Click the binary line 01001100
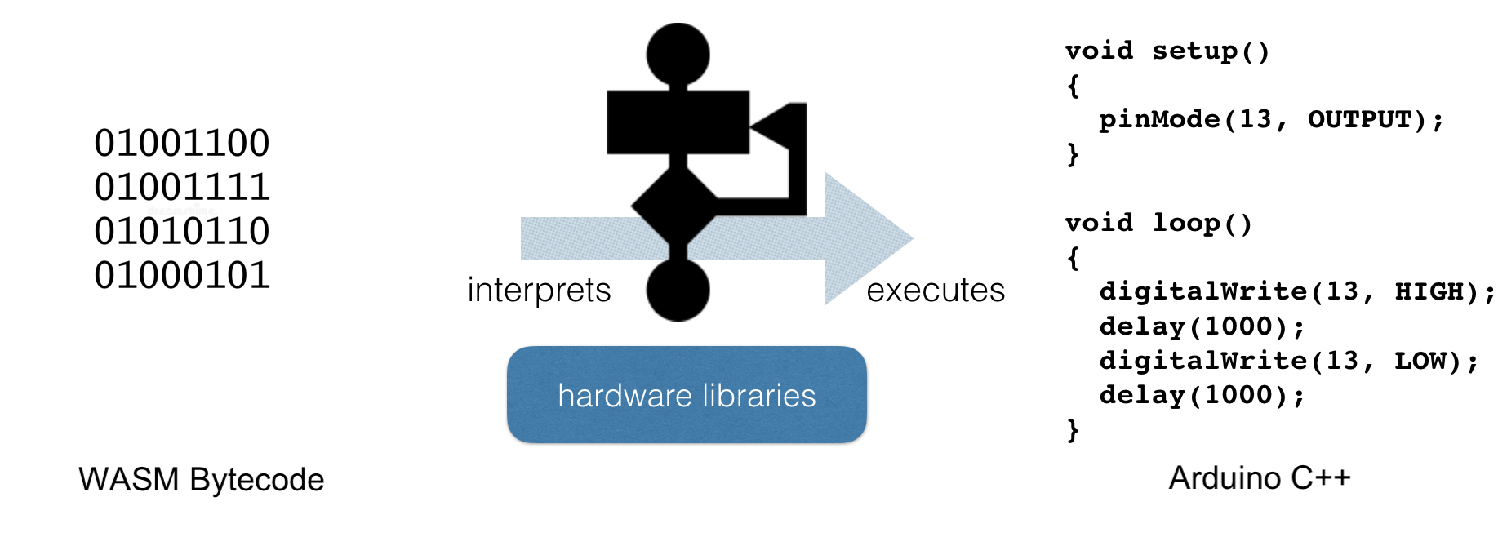[181, 144]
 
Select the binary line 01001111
[181, 188]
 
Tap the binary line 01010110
[181, 232]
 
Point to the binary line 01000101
[181, 276]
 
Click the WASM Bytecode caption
[201, 480]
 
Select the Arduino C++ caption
[1259, 478]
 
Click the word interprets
[539, 291]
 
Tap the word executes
[936, 291]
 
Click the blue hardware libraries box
[687, 395]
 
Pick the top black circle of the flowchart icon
[678, 55]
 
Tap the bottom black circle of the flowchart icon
[678, 290]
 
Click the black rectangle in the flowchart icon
[678, 122]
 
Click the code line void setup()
[1167, 51]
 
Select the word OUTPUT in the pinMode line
[1359, 120]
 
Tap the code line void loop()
[1158, 224]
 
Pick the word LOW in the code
[1420, 361]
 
